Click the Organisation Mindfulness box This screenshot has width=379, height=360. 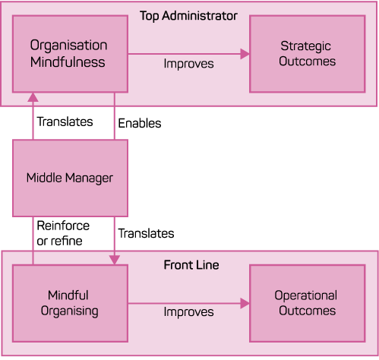coord(70,54)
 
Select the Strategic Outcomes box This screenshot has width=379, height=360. coord(308,54)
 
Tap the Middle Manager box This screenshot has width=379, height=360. coord(70,178)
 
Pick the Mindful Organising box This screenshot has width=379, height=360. coord(70,303)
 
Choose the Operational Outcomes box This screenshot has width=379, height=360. coord(308,303)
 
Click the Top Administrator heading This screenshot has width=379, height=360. coord(188,16)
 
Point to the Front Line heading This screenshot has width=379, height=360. coord(191,265)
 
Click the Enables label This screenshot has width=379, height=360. coord(140,123)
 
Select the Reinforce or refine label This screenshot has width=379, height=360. coord(63,233)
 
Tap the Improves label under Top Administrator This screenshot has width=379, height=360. coord(188,64)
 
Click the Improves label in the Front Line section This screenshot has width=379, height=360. coord(188,312)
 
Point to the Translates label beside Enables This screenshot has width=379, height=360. coord(65,122)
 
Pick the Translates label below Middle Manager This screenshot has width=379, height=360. coord(147,233)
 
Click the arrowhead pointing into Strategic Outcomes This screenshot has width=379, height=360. coord(245,54)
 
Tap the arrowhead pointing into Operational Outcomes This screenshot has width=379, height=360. coord(245,303)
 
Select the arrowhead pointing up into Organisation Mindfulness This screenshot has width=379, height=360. coord(33,97)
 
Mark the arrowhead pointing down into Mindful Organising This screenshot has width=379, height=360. coord(115,260)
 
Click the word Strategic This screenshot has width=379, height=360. coord(305,46)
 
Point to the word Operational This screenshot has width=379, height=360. coord(306,295)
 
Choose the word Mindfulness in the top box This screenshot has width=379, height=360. coord(68,62)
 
